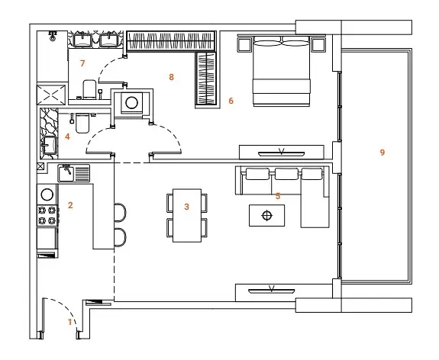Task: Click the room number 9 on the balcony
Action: tap(383, 153)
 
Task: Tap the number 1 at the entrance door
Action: tap(70, 322)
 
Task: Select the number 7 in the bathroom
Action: tap(82, 63)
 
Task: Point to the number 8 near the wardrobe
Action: tap(171, 77)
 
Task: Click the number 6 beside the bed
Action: tap(231, 101)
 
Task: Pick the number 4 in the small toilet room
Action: tap(67, 137)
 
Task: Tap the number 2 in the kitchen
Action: tap(70, 205)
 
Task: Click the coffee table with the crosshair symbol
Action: tap(266, 215)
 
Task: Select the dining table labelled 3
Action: tap(187, 215)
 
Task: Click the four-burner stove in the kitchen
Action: tap(47, 215)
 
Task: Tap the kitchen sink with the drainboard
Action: tap(73, 173)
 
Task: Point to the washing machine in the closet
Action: tap(131, 103)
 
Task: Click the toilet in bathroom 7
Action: tap(89, 89)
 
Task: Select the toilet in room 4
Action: tap(82, 124)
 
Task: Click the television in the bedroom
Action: tap(281, 153)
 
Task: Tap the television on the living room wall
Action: tap(271, 291)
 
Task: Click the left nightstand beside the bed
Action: tap(244, 45)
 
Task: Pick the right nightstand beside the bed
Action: tap(318, 45)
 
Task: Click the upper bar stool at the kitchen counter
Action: tap(121, 213)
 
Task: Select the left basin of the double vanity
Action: tap(83, 40)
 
